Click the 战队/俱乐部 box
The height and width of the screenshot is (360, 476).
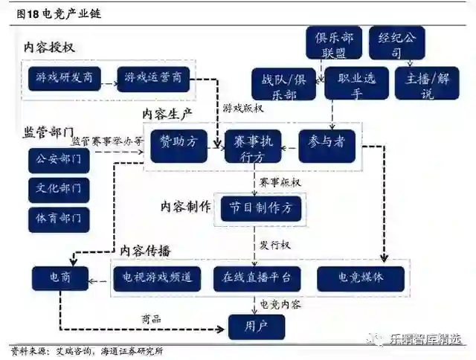(x=283, y=86)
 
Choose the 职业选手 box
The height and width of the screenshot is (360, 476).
(x=353, y=86)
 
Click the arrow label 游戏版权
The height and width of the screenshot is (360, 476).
(x=243, y=108)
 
